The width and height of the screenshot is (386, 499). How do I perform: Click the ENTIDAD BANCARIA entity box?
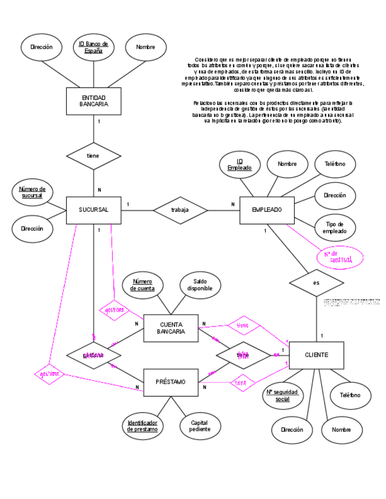(x=94, y=101)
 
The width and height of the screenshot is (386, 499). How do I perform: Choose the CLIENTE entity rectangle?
(x=316, y=355)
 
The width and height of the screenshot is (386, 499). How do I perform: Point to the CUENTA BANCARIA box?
(x=170, y=328)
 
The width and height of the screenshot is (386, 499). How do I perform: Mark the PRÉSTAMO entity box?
(x=170, y=382)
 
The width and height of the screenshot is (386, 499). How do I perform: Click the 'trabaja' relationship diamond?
(x=180, y=210)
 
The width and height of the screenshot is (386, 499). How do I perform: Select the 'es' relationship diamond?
(x=316, y=282)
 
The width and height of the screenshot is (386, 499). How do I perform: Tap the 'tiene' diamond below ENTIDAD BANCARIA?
(x=94, y=156)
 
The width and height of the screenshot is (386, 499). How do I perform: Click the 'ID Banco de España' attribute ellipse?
(x=93, y=48)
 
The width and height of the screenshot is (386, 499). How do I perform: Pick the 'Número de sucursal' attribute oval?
(x=32, y=192)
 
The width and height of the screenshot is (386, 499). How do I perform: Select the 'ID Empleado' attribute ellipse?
(x=239, y=165)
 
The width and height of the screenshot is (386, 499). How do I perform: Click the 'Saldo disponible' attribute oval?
(x=200, y=285)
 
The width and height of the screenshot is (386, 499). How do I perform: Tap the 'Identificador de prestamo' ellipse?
(x=143, y=425)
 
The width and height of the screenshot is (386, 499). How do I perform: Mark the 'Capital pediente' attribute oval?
(x=200, y=425)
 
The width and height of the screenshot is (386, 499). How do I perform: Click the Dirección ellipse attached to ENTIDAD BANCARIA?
(x=41, y=47)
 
